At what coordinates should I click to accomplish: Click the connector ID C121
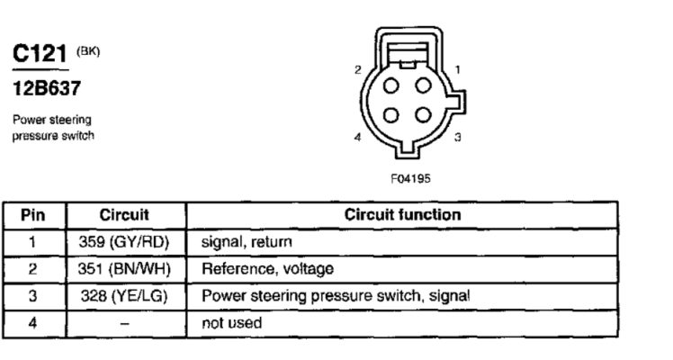(40, 54)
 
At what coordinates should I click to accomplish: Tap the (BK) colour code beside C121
(88, 51)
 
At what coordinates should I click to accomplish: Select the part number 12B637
(47, 88)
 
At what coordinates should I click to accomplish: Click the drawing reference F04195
(410, 178)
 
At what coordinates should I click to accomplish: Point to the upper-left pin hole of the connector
(390, 85)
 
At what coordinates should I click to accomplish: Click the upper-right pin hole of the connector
(423, 85)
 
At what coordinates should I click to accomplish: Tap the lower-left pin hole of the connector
(390, 115)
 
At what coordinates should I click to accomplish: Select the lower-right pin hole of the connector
(423, 115)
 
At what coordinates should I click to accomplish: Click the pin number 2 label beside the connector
(358, 69)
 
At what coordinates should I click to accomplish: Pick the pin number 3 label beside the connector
(458, 138)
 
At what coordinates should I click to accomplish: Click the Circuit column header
(124, 215)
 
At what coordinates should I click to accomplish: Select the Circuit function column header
(402, 215)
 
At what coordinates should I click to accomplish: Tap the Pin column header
(33, 215)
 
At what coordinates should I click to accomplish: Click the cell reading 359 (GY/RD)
(124, 242)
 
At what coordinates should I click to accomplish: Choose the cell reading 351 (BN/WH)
(124, 269)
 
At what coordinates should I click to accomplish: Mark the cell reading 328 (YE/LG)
(124, 296)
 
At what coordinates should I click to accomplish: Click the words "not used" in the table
(232, 323)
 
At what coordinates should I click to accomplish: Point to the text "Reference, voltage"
(267, 269)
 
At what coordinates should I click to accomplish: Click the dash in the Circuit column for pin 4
(124, 323)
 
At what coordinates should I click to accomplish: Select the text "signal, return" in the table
(247, 242)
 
